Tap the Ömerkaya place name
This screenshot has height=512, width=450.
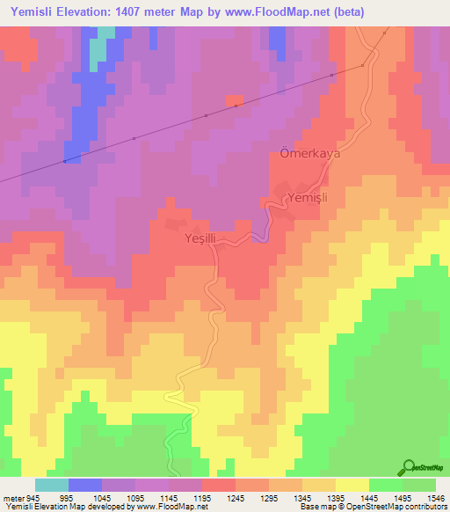(303, 151)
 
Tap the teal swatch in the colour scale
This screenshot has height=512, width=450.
(52, 485)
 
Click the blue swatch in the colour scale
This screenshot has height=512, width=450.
(85, 485)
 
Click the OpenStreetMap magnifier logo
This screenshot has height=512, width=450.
(410, 466)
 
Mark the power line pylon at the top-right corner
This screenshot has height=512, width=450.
(386, 32)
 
